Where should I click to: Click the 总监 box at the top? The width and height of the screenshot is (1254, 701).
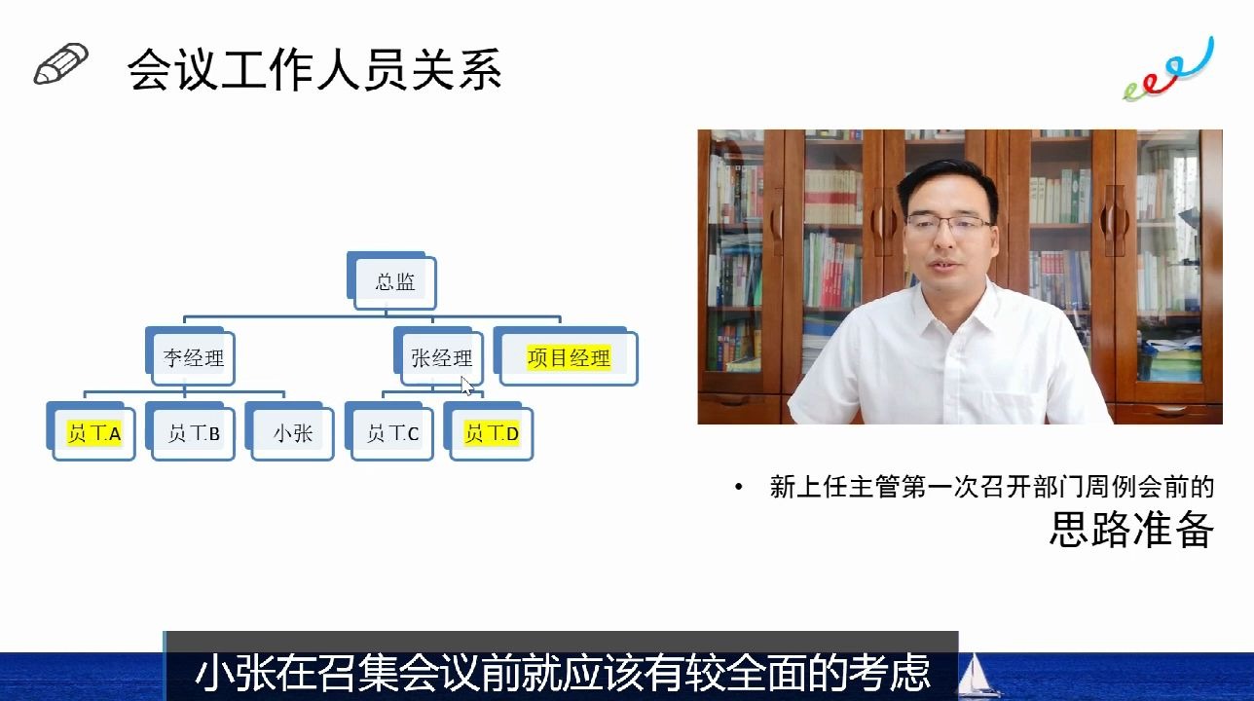(x=395, y=283)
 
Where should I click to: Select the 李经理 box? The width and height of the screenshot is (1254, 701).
(x=194, y=358)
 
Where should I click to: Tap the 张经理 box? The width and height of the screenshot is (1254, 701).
(x=441, y=358)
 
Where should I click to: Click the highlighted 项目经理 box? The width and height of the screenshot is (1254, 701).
(x=569, y=358)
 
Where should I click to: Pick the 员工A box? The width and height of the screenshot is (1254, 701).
(x=93, y=433)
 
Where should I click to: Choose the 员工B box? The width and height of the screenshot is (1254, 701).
(x=194, y=433)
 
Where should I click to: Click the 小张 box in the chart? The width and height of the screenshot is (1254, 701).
(x=293, y=433)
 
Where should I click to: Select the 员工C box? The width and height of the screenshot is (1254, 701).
(x=392, y=433)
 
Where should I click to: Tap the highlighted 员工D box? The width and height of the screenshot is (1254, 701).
(x=492, y=433)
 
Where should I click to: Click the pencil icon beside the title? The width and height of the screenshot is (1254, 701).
(x=60, y=64)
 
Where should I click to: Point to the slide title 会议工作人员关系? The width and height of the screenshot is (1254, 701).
(x=313, y=71)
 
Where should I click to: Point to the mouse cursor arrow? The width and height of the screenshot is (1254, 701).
(x=466, y=386)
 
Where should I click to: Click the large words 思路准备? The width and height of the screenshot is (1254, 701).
(x=1131, y=530)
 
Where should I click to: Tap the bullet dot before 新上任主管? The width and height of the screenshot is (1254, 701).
(x=740, y=487)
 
